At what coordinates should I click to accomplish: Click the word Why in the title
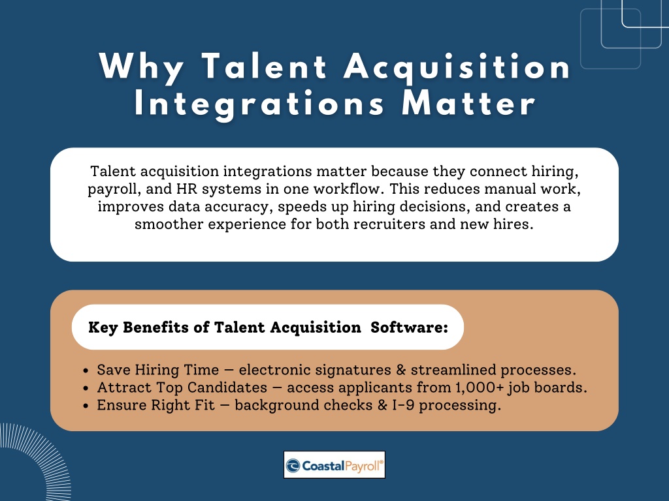point(141,67)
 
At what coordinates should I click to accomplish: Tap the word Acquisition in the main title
point(457,67)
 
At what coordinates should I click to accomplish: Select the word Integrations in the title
point(259,104)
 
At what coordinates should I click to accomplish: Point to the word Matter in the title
point(468,104)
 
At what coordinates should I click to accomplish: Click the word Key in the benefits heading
point(103,327)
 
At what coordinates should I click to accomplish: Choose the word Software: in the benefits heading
point(409,327)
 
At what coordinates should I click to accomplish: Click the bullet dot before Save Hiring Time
point(86,371)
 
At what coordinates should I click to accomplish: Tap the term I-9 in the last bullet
point(403,404)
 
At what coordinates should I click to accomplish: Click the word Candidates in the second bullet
point(227,387)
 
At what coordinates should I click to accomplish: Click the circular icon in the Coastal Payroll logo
point(293,466)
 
